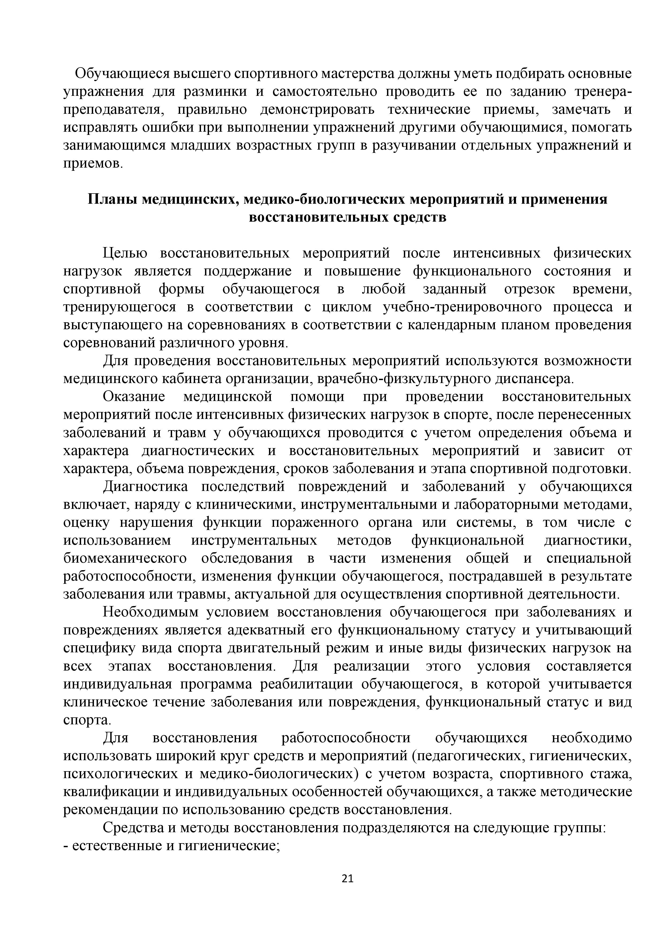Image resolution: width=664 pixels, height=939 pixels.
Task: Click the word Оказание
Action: pyautogui.click(x=134, y=397)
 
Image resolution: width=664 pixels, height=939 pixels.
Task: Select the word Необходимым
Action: pyautogui.click(x=150, y=613)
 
